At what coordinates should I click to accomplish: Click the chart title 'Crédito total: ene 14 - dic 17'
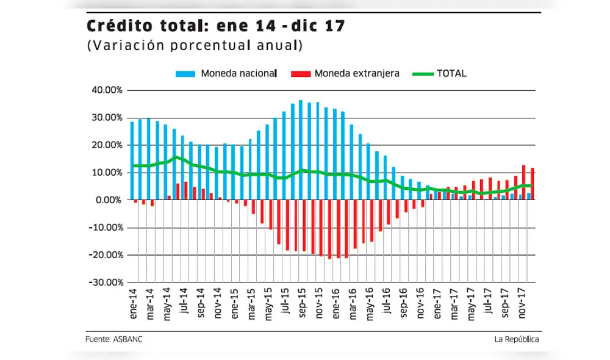[216, 26]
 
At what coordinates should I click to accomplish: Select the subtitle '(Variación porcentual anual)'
[195, 46]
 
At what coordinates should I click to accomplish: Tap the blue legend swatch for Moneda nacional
[186, 74]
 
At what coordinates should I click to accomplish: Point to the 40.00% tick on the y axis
[107, 90]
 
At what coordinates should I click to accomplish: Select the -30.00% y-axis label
[106, 283]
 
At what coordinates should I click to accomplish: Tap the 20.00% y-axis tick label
[107, 145]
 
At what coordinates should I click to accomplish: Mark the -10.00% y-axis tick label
[106, 228]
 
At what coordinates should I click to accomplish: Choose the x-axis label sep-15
[301, 303]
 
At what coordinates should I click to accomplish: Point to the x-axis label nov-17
[522, 303]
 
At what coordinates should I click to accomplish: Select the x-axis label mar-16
[352, 303]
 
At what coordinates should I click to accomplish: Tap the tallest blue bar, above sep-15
[300, 150]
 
